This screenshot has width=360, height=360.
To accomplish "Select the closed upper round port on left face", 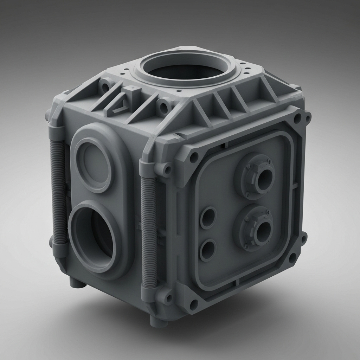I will pyautogui.click(x=93, y=165).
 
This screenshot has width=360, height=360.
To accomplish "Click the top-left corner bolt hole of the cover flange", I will pyautogui.click(x=193, y=157).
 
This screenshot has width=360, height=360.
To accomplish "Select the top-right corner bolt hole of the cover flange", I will pyautogui.click(x=298, y=118).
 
